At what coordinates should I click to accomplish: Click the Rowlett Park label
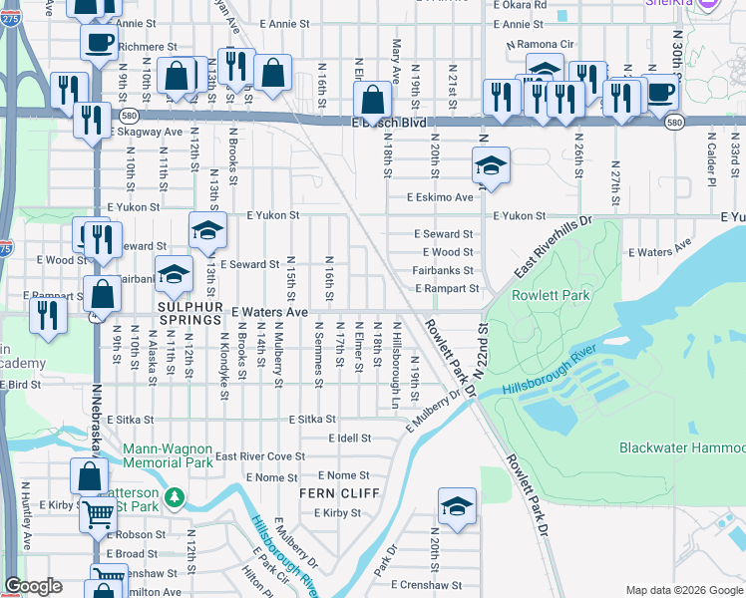[550, 295]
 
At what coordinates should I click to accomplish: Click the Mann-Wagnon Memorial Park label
[168, 455]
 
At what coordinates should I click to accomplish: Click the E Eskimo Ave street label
[439, 197]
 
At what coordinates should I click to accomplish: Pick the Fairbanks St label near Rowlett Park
[443, 270]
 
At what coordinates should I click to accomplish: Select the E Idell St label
[349, 438]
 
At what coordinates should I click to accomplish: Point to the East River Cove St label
[259, 456]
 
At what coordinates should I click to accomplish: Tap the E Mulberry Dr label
[436, 412]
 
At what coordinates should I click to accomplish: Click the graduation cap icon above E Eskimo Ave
[491, 165]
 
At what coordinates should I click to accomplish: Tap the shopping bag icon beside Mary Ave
[372, 101]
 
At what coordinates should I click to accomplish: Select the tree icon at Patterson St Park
[176, 495]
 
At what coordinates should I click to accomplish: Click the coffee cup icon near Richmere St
[99, 43]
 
